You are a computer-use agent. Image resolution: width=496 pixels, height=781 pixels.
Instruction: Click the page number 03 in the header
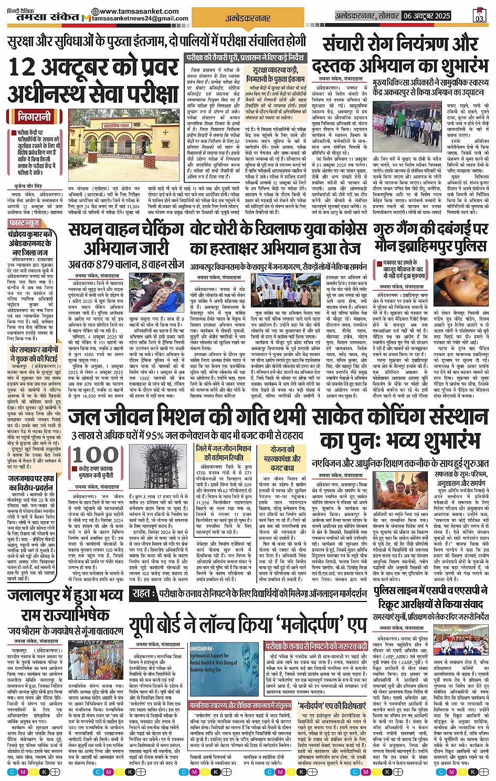tap(479, 17)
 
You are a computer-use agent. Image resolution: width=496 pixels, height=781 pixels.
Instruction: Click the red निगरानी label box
tap(35, 116)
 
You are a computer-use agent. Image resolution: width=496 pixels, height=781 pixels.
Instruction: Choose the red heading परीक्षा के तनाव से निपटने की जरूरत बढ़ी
tap(316, 647)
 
